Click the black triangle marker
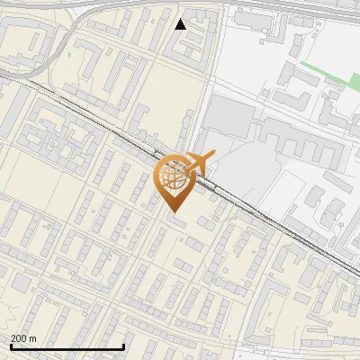tap(180, 24)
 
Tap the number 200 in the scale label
tap(19, 337)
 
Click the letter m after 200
tap(34, 337)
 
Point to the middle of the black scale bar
tap(67, 346)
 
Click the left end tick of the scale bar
tap(11, 346)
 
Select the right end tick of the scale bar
tap(123, 346)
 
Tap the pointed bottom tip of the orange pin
tap(175, 211)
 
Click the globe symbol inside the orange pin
tap(175, 177)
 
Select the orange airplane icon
tap(196, 165)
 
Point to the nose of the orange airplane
tap(211, 157)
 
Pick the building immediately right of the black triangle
tap(203, 27)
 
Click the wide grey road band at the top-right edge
tap(306, 7)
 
